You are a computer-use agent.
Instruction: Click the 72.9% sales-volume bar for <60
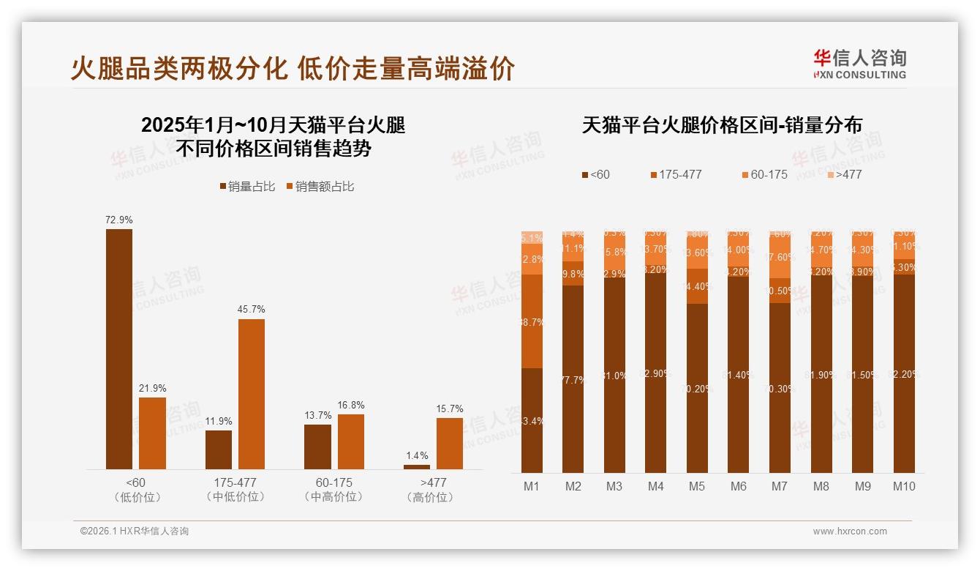(x=119, y=348)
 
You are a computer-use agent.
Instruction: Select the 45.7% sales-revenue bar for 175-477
(x=252, y=394)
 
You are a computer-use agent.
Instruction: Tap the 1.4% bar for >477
(x=417, y=466)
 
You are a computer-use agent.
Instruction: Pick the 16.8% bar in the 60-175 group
(x=351, y=441)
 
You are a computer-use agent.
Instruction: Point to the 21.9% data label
(x=152, y=388)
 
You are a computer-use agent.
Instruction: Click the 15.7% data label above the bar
(x=450, y=408)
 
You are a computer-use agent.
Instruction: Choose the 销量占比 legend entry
(x=247, y=187)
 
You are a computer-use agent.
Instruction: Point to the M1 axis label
(x=532, y=486)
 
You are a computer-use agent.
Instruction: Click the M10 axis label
(x=904, y=486)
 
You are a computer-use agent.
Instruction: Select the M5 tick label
(x=697, y=486)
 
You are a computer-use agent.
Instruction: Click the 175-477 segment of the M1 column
(x=532, y=321)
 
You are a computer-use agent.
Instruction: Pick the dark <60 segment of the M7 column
(x=780, y=388)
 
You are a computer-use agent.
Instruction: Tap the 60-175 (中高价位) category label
(x=334, y=490)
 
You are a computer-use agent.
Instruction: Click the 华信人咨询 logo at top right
(x=859, y=64)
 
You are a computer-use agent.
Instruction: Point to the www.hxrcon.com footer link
(x=850, y=531)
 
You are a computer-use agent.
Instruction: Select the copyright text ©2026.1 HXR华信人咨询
(x=135, y=531)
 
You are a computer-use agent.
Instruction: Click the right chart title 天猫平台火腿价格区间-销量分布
(x=722, y=125)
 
